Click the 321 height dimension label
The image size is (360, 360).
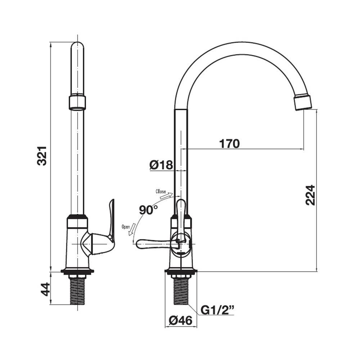point(42,156)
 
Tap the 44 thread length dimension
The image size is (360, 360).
point(45,289)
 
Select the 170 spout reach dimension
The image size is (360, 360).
point(229,144)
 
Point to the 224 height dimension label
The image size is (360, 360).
point(310,195)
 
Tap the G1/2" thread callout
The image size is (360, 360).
point(217,310)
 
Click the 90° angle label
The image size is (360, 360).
point(148,210)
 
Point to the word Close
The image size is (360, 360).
point(161,191)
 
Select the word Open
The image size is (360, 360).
point(126,227)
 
